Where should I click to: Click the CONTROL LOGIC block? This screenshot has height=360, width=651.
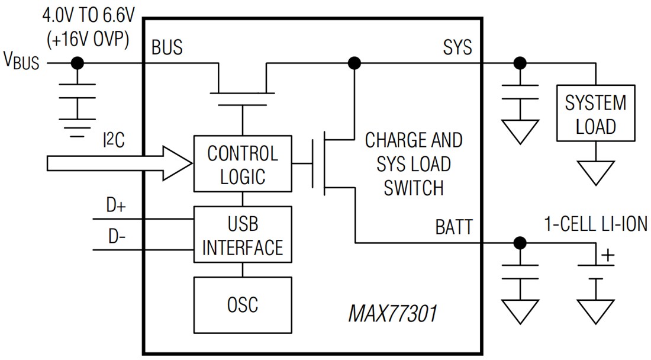pyautogui.click(x=243, y=164)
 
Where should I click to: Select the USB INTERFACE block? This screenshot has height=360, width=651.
pyautogui.click(x=243, y=234)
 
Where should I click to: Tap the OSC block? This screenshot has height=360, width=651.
pyautogui.click(x=243, y=304)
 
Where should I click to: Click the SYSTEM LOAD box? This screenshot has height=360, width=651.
pyautogui.click(x=595, y=113)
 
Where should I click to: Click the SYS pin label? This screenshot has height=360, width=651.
pyautogui.click(x=457, y=47)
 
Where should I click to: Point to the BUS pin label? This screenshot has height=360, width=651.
pyautogui.click(x=167, y=47)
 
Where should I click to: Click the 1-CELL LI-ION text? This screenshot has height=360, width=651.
pyautogui.click(x=595, y=223)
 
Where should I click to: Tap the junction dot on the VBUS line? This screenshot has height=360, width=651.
pyautogui.click(x=76, y=63)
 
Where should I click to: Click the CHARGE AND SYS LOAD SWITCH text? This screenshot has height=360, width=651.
pyautogui.click(x=413, y=164)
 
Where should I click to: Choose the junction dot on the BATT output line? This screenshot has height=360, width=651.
pyautogui.click(x=520, y=242)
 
